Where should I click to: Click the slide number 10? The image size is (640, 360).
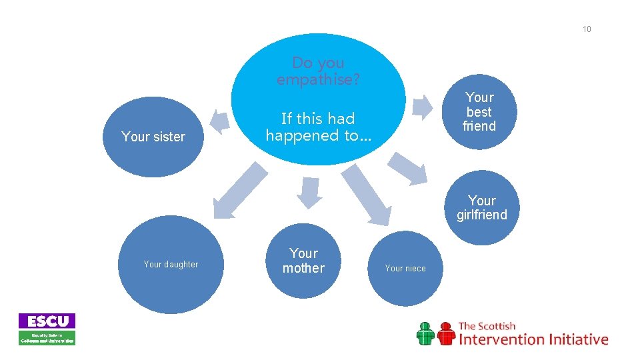click(x=587, y=29)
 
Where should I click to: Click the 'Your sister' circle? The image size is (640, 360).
click(x=153, y=137)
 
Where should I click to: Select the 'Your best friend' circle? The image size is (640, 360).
click(x=479, y=111)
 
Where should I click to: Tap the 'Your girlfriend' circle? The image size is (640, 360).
click(x=481, y=207)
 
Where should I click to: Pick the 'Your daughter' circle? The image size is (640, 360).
click(x=171, y=265)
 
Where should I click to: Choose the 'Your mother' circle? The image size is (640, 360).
click(x=303, y=261)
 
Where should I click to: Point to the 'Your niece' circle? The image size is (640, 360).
click(x=405, y=268)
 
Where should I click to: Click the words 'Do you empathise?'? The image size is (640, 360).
click(x=318, y=71)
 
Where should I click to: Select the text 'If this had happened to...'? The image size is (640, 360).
click(x=318, y=127)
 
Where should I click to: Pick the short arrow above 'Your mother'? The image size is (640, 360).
click(x=309, y=192)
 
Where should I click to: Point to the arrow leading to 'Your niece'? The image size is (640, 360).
click(x=369, y=194)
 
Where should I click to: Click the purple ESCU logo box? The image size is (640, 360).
click(x=47, y=321)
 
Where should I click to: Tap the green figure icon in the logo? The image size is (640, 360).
click(x=425, y=333)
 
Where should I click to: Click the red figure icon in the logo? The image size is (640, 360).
click(x=445, y=333)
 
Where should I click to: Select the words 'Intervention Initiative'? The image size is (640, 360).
click(x=533, y=339)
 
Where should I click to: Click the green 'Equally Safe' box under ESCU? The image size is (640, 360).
click(x=47, y=338)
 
